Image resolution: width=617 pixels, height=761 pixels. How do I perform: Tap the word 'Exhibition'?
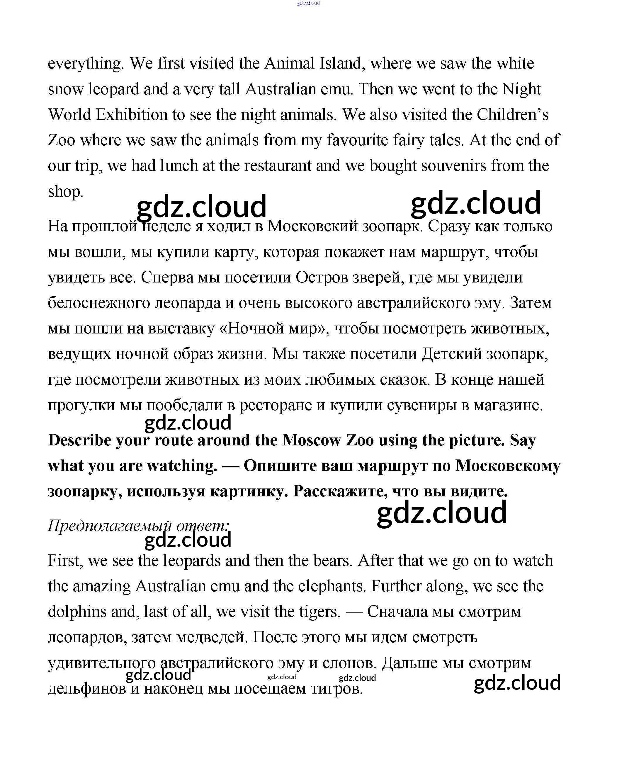[132, 114]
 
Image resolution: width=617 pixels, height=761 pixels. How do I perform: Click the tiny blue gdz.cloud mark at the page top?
[308, 3]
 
